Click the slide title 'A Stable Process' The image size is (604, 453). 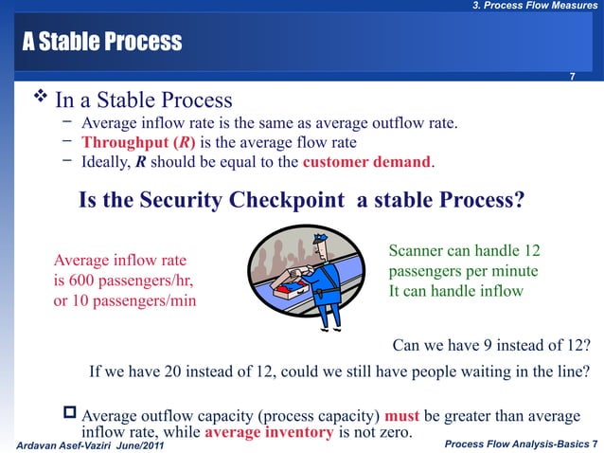[97, 43]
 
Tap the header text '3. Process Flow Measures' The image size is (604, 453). [535, 8]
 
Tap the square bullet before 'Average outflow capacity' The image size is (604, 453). [69, 415]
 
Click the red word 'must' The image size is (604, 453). [401, 416]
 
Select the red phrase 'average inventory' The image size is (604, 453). [268, 433]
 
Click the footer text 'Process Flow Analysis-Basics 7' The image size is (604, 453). [521, 444]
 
